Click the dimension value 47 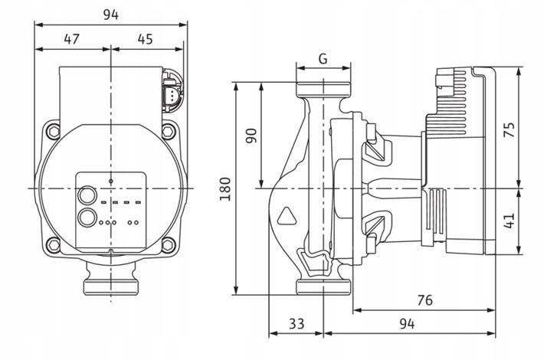pyautogui.click(x=72, y=38)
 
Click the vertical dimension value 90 pyautogui.click(x=250, y=134)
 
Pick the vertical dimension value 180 pyautogui.click(x=224, y=187)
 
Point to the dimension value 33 pyautogui.click(x=295, y=324)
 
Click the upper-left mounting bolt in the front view pyautogui.click(x=53, y=132)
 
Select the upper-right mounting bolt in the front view pyautogui.click(x=169, y=132)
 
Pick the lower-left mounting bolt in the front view pyautogui.click(x=53, y=246)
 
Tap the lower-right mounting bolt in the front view pyautogui.click(x=169, y=246)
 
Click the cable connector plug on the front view pyautogui.click(x=171, y=96)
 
